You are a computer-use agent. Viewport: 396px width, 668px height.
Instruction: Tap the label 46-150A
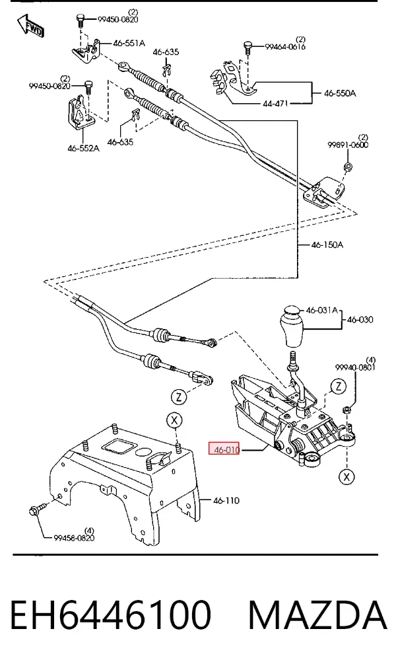(x=327, y=245)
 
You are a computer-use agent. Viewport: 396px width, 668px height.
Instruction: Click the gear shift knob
(x=292, y=326)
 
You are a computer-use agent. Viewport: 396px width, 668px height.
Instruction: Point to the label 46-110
(x=226, y=501)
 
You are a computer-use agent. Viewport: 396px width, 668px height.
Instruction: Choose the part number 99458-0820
(x=74, y=538)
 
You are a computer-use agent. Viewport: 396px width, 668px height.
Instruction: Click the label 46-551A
(x=129, y=43)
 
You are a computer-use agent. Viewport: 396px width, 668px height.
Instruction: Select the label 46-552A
(x=83, y=148)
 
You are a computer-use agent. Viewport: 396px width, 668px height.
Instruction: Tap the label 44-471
(x=276, y=103)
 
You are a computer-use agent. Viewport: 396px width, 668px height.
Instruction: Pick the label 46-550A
(x=340, y=93)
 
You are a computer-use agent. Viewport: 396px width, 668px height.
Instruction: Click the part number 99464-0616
(x=285, y=47)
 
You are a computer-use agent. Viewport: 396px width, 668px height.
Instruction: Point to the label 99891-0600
(x=348, y=145)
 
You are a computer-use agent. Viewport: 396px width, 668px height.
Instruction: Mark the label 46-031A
(x=322, y=310)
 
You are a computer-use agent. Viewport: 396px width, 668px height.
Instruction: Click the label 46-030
(x=360, y=320)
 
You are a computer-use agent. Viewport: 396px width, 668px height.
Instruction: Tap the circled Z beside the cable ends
(x=179, y=397)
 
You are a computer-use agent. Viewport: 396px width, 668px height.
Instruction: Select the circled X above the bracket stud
(x=174, y=421)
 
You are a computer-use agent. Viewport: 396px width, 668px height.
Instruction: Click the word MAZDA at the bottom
(x=317, y=615)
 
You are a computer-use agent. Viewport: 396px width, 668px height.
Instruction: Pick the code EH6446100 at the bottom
(x=110, y=615)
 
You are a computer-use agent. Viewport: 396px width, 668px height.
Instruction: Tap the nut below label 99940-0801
(x=346, y=410)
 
